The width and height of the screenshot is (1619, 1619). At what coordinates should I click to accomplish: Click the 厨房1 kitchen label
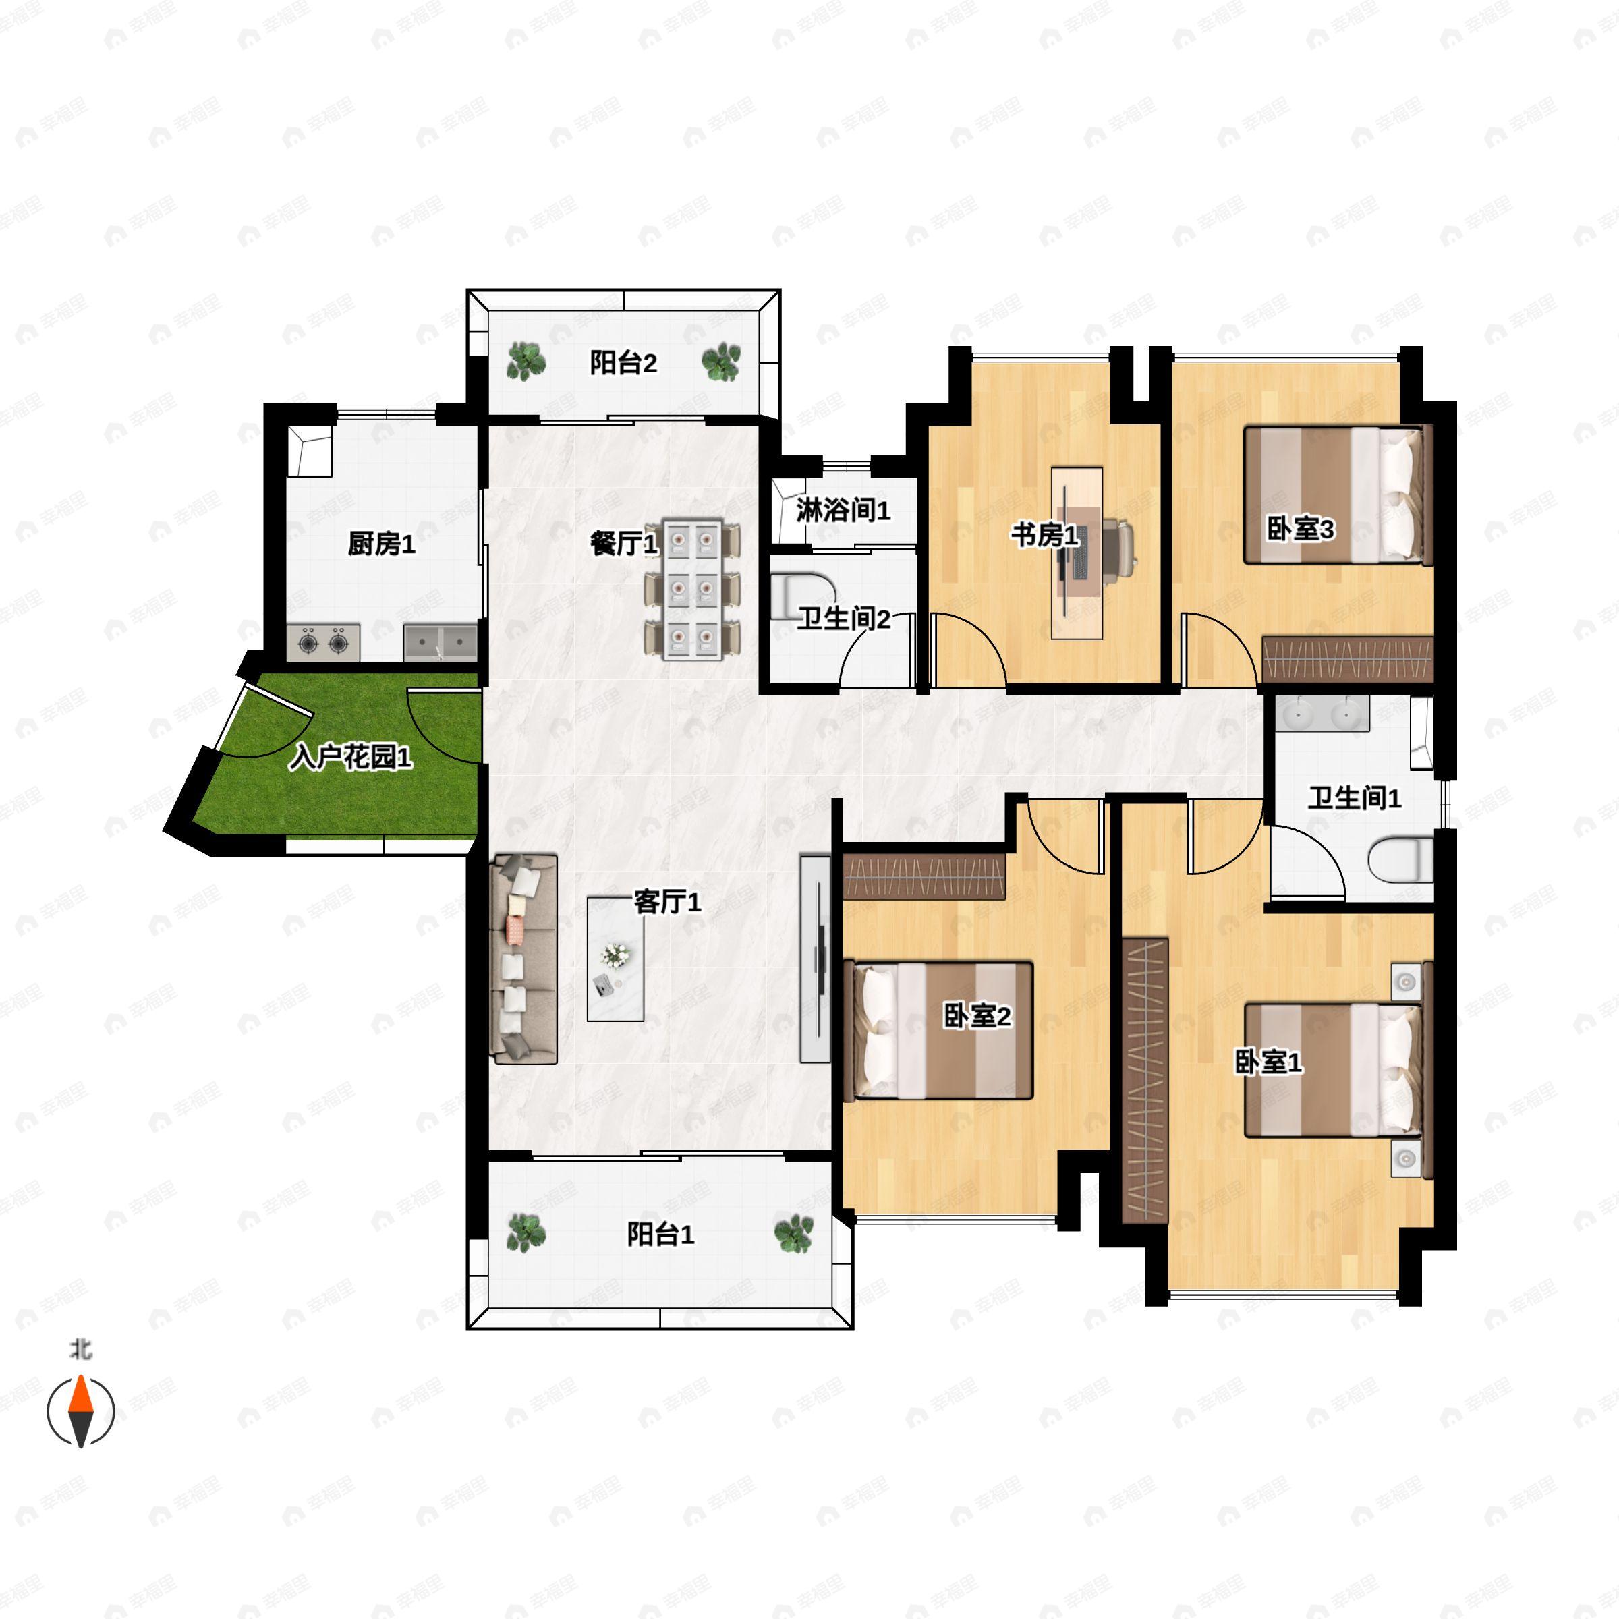[381, 544]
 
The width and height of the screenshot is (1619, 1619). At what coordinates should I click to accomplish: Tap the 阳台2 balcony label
[623, 363]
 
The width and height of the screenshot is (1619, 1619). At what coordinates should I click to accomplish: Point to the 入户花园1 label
[350, 758]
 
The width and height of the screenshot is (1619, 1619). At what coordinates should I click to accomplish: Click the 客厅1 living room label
[668, 902]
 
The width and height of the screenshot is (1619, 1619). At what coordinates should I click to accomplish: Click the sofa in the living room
[525, 959]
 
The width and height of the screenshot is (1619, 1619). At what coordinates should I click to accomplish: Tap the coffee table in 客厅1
[616, 959]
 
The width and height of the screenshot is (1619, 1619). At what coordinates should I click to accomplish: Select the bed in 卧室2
[943, 1031]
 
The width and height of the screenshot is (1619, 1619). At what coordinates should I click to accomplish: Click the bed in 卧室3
[1334, 495]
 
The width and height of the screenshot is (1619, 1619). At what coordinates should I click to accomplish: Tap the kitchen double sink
[440, 642]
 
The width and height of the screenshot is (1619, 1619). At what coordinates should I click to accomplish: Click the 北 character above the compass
[81, 1350]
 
